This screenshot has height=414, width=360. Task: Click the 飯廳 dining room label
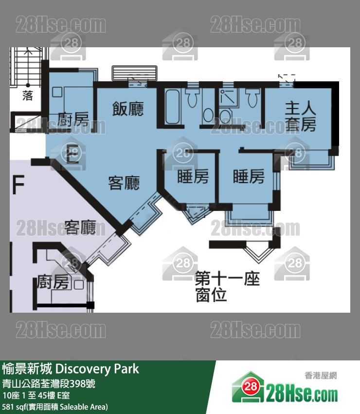pyautogui.click(x=128, y=109)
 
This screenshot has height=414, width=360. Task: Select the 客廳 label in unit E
pyautogui.click(x=124, y=183)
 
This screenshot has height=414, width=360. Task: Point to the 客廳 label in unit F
pyautogui.click(x=80, y=227)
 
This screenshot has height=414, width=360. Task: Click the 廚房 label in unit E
pyautogui.click(x=73, y=119)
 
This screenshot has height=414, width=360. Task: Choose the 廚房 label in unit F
pyautogui.click(x=53, y=282)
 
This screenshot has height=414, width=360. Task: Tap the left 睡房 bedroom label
pyautogui.click(x=193, y=176)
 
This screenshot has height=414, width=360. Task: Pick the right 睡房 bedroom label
pyautogui.click(x=249, y=176)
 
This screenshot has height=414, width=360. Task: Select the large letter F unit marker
pyautogui.click(x=18, y=184)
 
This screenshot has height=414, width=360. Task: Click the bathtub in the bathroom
pyautogui.click(x=173, y=106)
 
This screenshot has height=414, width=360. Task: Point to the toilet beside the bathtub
pyautogui.click(x=192, y=98)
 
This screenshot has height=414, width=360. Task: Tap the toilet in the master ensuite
pyautogui.click(x=252, y=98)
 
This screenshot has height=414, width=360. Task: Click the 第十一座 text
pyautogui.click(x=227, y=279)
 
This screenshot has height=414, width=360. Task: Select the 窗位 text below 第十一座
pyautogui.click(x=211, y=295)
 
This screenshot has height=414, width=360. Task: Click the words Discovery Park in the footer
pyautogui.click(x=97, y=369)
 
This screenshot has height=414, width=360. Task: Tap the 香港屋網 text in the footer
pyautogui.click(x=321, y=376)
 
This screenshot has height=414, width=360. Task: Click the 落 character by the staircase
pyautogui.click(x=28, y=95)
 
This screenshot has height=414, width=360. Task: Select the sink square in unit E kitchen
pyautogui.click(x=57, y=92)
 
